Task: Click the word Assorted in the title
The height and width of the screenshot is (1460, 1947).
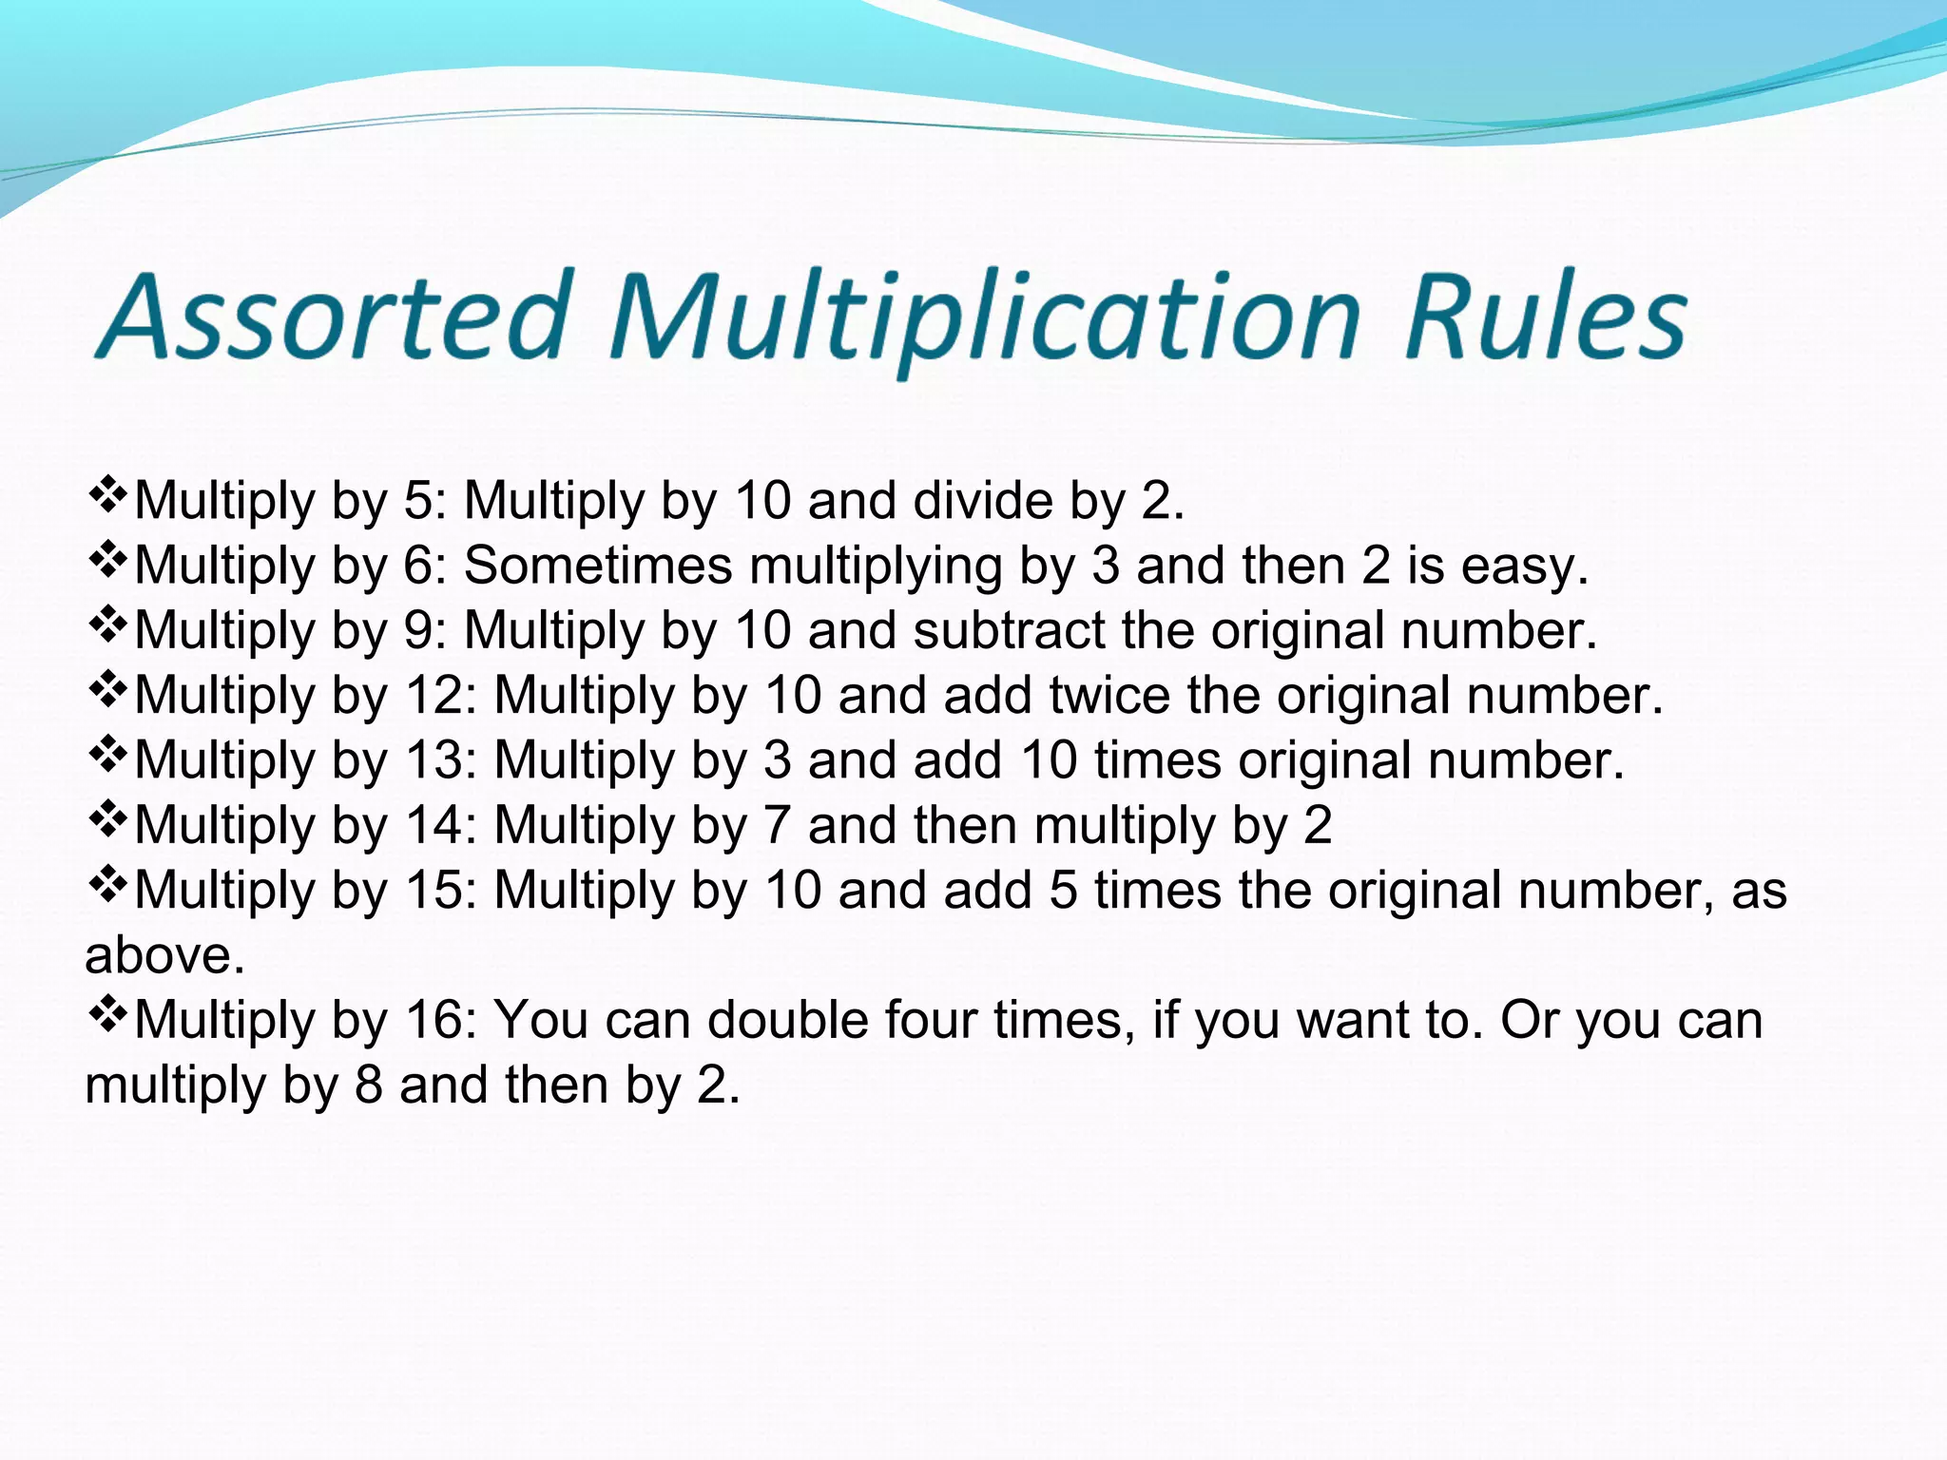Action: pos(333,316)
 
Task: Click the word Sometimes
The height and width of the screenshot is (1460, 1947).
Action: pos(598,566)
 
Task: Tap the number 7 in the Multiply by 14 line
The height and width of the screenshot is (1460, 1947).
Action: pos(777,825)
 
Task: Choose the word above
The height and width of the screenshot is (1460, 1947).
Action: pos(164,955)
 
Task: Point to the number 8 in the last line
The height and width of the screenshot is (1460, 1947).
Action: pos(369,1085)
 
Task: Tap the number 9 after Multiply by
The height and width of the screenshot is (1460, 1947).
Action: pos(418,630)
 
